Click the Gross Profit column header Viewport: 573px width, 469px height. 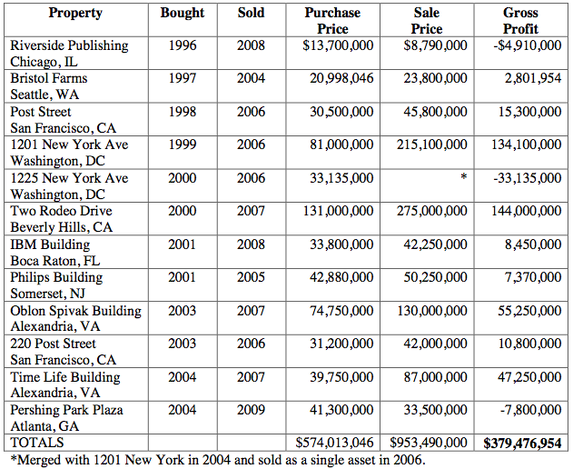(519, 21)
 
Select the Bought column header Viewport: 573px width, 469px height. (183, 13)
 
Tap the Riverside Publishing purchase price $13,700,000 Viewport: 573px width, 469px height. (333, 45)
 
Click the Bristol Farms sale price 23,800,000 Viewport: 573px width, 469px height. (435, 78)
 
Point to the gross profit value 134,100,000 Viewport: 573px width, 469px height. (519, 145)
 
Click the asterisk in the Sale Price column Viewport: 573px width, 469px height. (463, 178)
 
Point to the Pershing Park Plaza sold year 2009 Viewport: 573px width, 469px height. (252, 409)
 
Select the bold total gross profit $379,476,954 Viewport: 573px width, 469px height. (522, 443)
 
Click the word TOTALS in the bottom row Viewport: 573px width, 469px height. (38, 443)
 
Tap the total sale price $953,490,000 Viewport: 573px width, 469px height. (429, 443)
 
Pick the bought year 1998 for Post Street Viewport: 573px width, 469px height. (183, 112)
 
